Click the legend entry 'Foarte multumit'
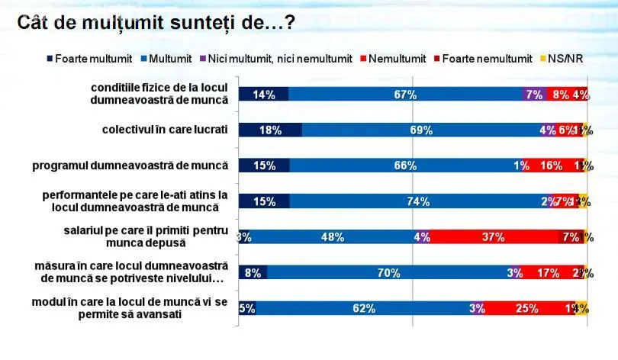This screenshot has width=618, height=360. tap(90, 58)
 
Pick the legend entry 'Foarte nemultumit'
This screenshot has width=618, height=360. tap(483, 58)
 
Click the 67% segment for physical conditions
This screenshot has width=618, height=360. tap(405, 95)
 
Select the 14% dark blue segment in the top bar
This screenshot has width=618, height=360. tap(263, 95)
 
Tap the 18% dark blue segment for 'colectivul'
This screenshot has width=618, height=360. tap(270, 130)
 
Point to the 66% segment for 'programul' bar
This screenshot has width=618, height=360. tap(404, 166)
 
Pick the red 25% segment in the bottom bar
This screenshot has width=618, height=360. tap(522, 308)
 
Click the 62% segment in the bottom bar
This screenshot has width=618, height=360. tap(364, 308)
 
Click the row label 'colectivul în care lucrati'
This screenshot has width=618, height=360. tap(165, 130)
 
